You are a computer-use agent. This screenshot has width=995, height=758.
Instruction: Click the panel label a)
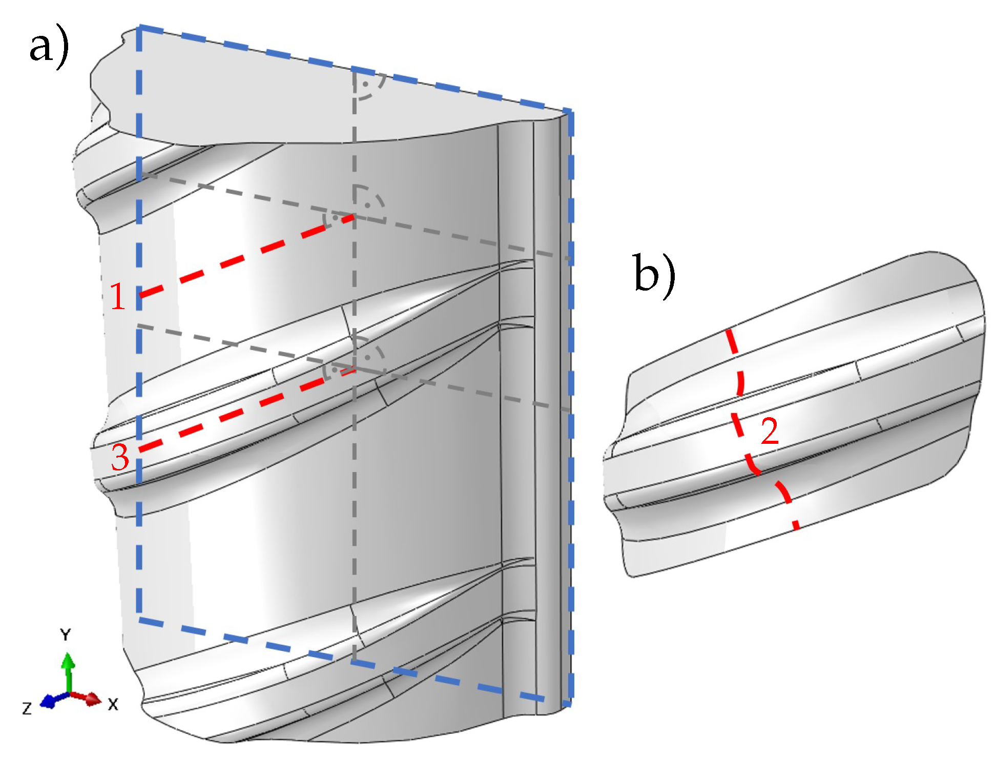pos(49,49)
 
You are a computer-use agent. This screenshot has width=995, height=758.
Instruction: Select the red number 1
pos(117,297)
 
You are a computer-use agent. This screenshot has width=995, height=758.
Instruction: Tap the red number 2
pos(770,431)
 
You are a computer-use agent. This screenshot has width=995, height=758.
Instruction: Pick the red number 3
pos(120,458)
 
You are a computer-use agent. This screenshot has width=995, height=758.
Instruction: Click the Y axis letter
pos(65,635)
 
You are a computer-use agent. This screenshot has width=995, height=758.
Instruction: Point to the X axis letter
pos(113,705)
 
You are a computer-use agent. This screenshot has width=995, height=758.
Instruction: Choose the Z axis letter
pos(27,709)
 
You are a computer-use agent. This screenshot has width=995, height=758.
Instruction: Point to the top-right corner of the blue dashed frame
pos(570,112)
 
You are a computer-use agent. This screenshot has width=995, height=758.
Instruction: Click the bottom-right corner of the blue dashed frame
pos(570,704)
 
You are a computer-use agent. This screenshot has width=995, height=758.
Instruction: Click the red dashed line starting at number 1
pos(246,256)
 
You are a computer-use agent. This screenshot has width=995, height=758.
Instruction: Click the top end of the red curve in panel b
pos(729,332)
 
